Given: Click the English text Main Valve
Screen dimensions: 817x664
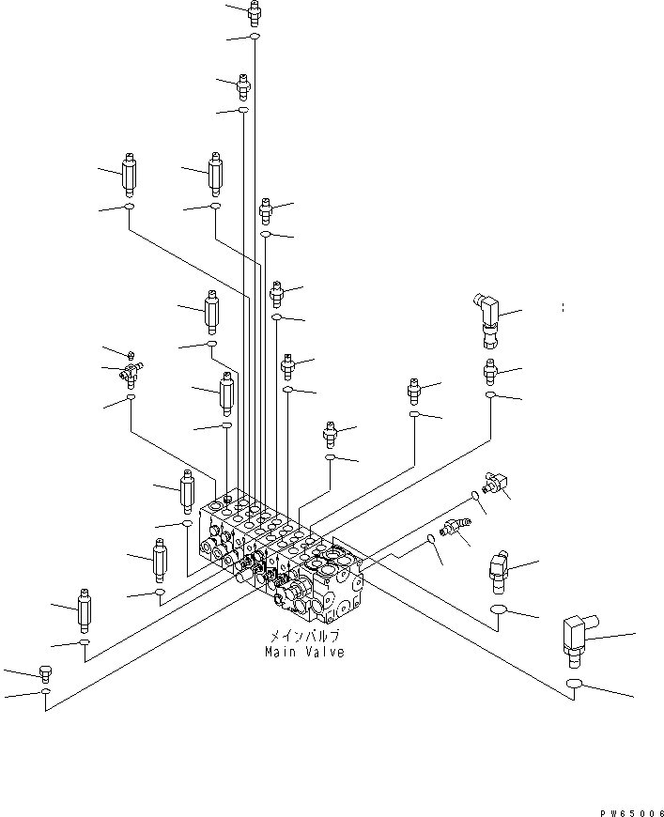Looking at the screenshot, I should pos(303,652).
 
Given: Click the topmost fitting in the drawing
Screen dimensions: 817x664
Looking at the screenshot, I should pos(254,13).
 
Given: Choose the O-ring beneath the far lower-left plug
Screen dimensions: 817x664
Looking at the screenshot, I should pos(45,693).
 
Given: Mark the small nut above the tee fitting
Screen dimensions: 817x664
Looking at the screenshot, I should pos(131,354).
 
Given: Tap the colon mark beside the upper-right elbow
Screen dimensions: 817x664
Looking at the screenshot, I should pos(563,307).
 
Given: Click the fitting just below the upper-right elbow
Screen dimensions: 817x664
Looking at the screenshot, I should pos(490,370).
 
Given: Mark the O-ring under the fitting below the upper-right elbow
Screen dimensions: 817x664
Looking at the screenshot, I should pos(491,396).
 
